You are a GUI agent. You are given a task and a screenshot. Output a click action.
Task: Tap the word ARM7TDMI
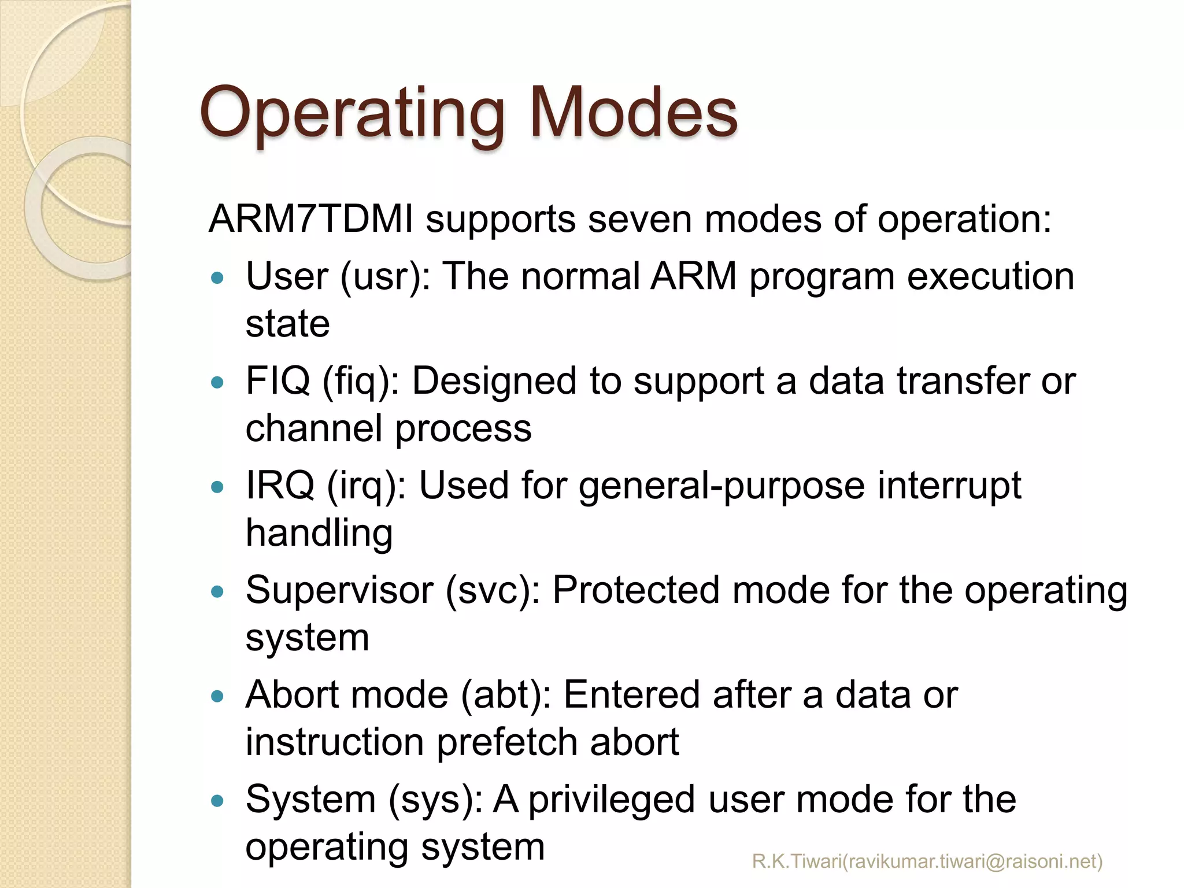click(x=310, y=220)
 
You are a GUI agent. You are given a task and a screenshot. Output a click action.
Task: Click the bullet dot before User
click(x=217, y=278)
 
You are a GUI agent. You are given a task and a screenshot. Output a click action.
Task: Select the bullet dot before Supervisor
click(x=217, y=592)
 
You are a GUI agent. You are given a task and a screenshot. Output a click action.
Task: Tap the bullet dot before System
click(x=217, y=801)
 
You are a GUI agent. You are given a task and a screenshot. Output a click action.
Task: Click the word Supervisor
click(x=339, y=591)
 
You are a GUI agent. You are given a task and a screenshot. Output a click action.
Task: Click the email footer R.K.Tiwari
click(x=927, y=861)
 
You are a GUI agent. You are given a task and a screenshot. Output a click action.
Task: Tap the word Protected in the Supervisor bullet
click(x=635, y=591)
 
